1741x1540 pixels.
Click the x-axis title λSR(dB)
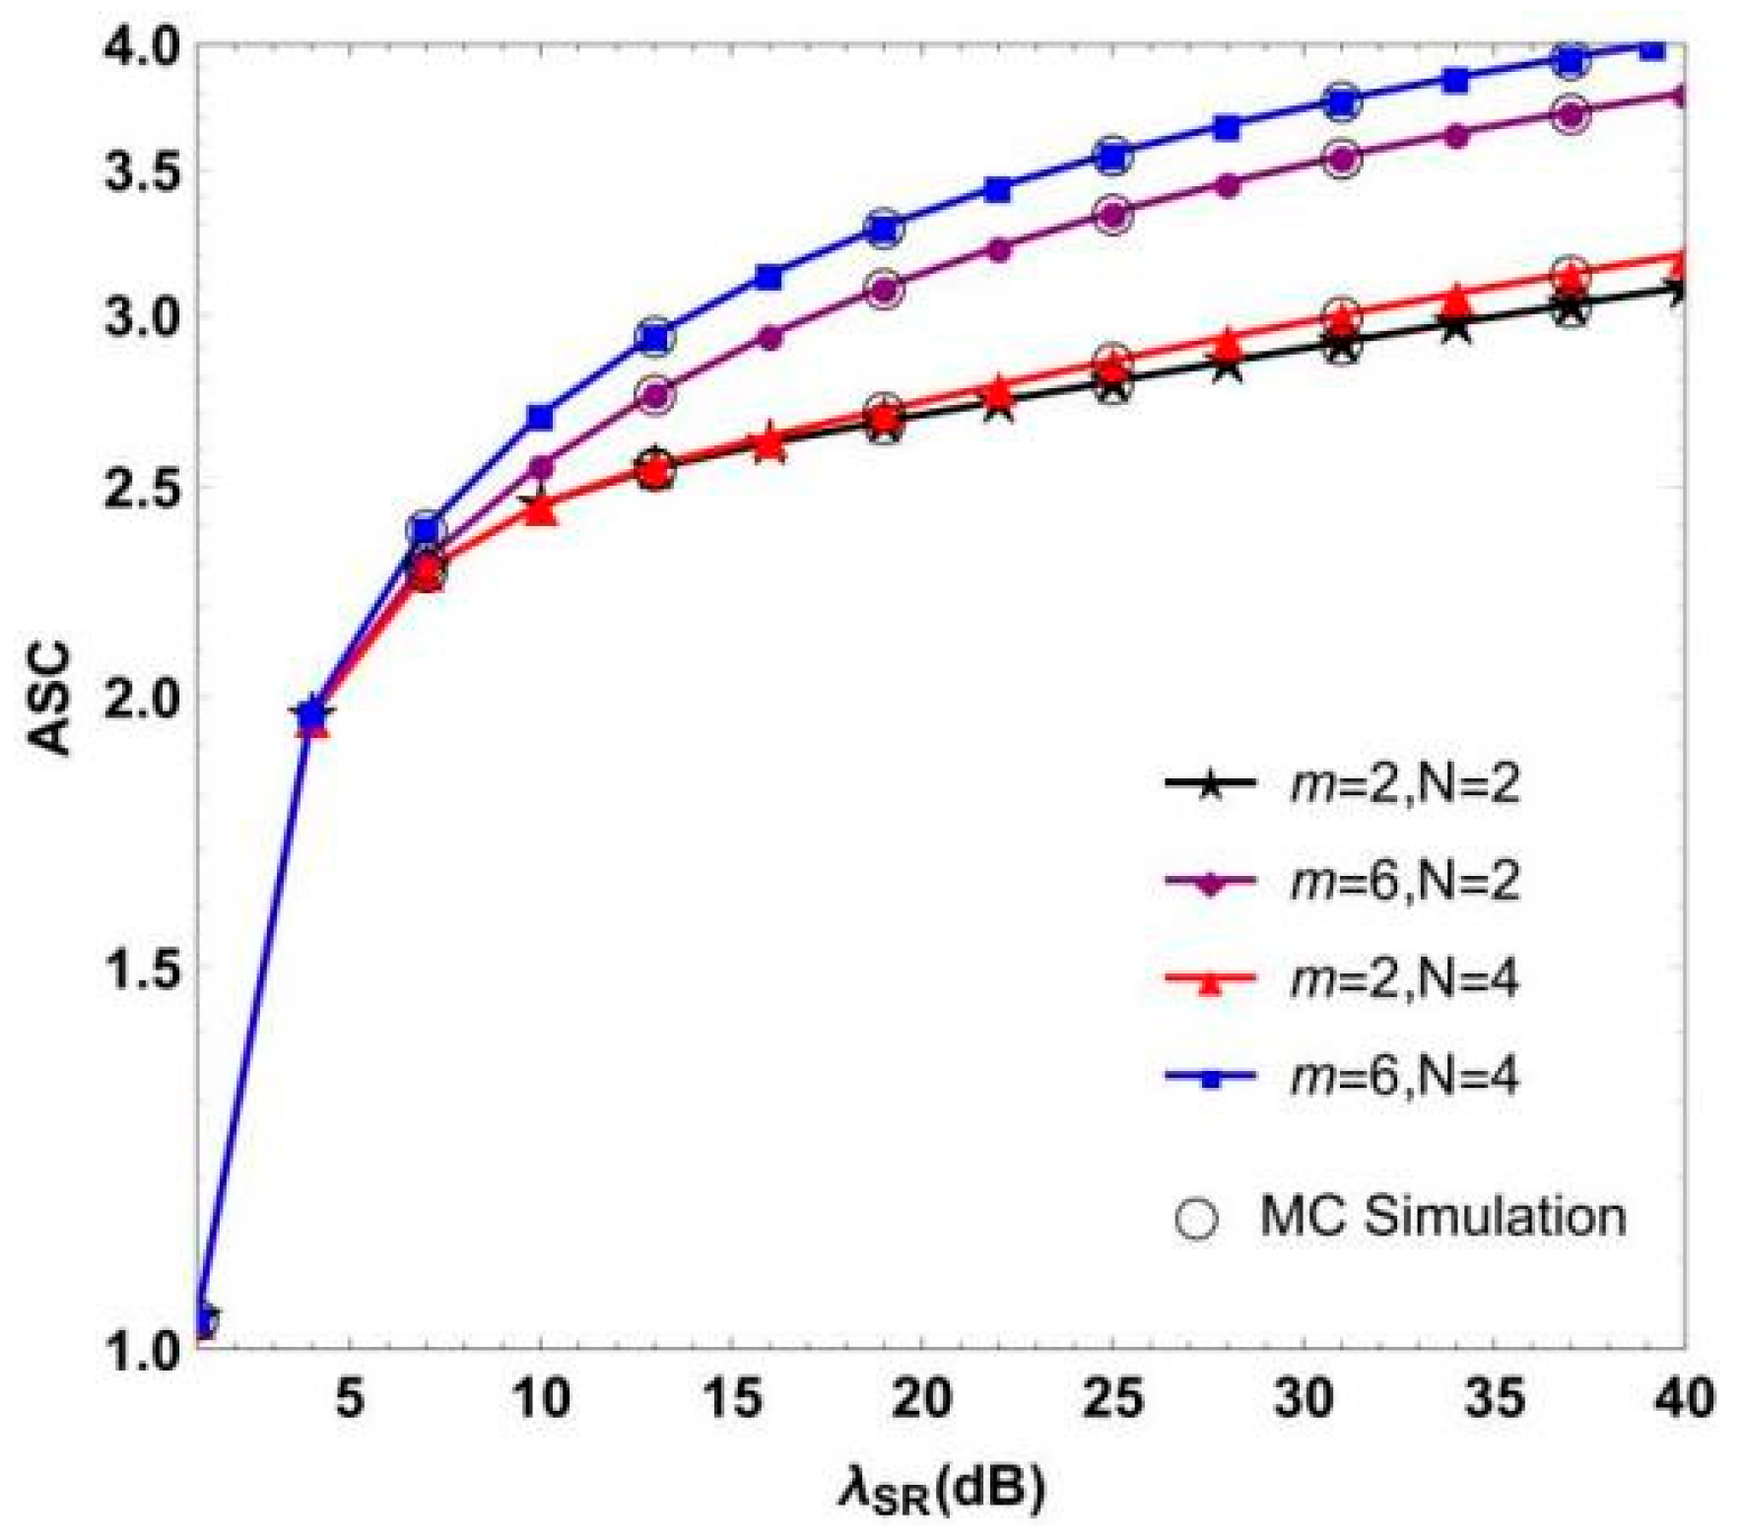click(x=941, y=1491)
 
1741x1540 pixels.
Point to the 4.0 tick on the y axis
click(x=143, y=44)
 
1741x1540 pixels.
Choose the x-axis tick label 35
click(x=1494, y=1398)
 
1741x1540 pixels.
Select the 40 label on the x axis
click(x=1684, y=1398)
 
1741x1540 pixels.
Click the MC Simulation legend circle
click(x=1196, y=1218)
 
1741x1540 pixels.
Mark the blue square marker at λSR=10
click(x=540, y=417)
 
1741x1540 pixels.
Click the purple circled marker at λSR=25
click(x=1112, y=214)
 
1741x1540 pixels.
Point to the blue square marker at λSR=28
click(x=1227, y=127)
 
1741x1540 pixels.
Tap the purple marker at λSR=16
click(x=770, y=337)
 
